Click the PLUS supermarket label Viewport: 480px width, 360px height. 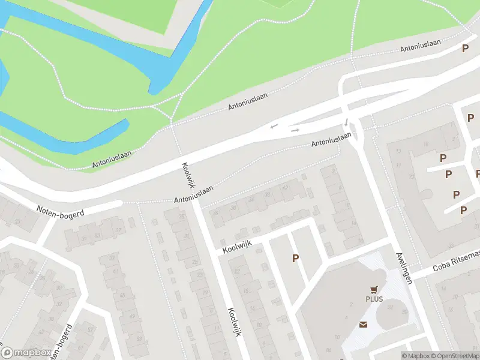click(x=374, y=299)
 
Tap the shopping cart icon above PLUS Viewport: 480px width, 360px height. click(x=374, y=289)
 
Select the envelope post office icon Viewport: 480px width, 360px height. click(x=364, y=325)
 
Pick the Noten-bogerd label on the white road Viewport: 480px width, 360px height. click(x=60, y=211)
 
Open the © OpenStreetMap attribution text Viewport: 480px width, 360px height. click(x=455, y=356)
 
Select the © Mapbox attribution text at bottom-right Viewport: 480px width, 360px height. click(x=415, y=356)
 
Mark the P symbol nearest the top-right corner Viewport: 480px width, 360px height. click(x=464, y=49)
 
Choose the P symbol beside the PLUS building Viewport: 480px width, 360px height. click(x=295, y=258)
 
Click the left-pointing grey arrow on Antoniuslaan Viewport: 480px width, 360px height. click(x=274, y=126)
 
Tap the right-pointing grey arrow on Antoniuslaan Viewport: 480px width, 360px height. click(x=295, y=130)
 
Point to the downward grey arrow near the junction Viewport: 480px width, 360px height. click(x=346, y=122)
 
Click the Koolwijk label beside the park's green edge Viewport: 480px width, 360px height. click(x=187, y=175)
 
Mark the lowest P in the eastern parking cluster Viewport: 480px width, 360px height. click(x=463, y=210)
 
